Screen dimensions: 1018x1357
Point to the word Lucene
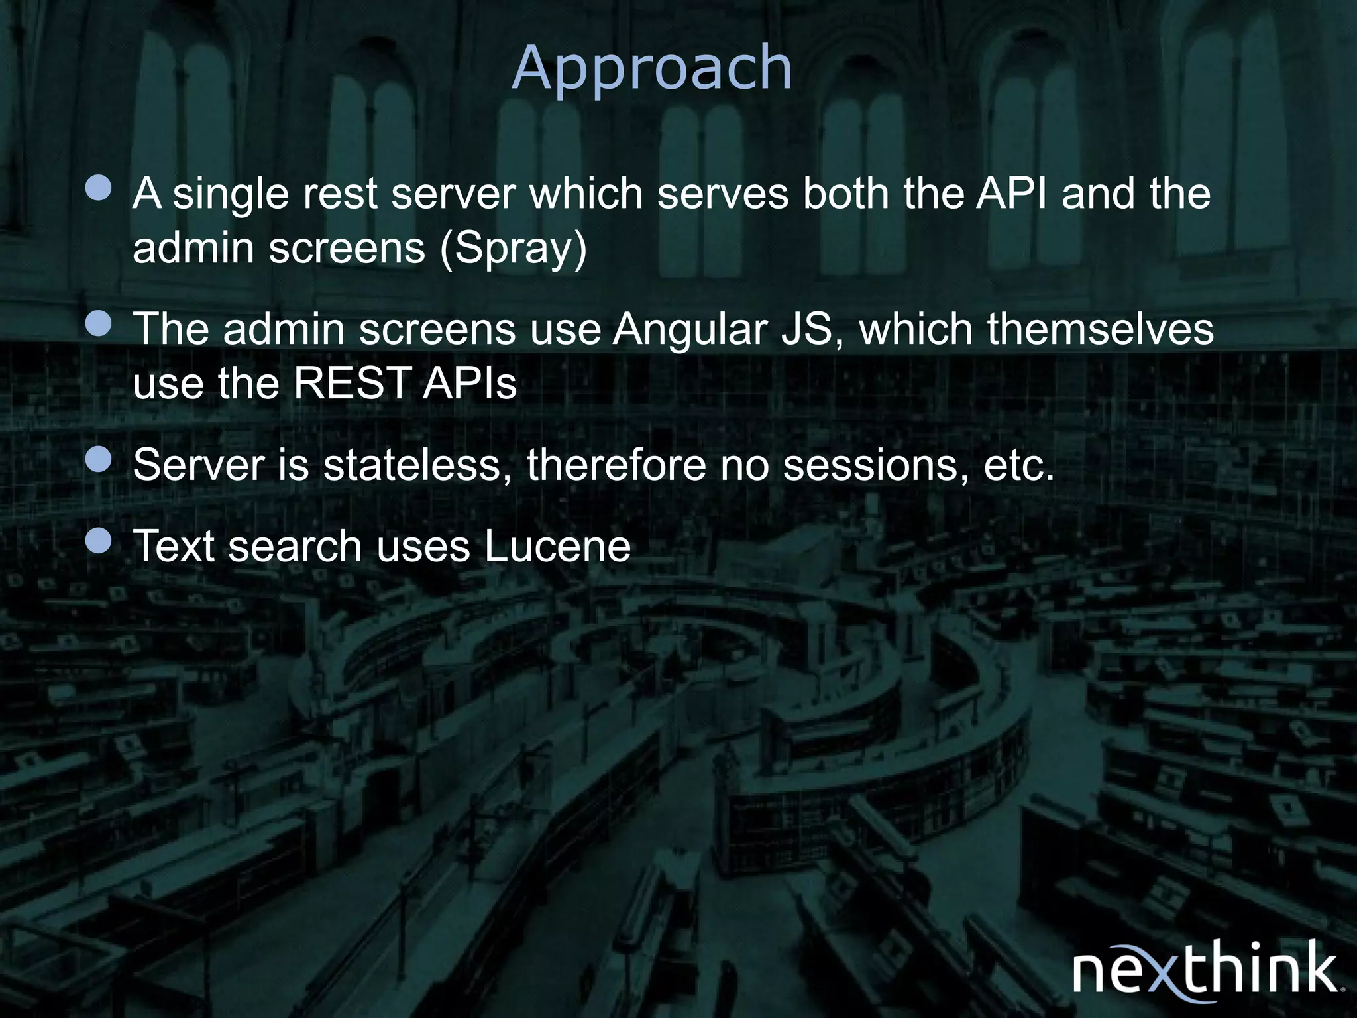point(557,546)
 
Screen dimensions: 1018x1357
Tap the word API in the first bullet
point(1012,194)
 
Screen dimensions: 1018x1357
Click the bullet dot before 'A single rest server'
point(99,188)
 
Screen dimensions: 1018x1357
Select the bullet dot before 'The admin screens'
point(99,324)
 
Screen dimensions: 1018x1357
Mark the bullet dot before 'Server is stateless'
point(99,459)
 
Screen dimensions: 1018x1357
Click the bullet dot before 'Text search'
point(99,541)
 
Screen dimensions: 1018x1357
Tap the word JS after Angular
point(814,329)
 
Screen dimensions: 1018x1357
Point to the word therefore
point(616,465)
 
